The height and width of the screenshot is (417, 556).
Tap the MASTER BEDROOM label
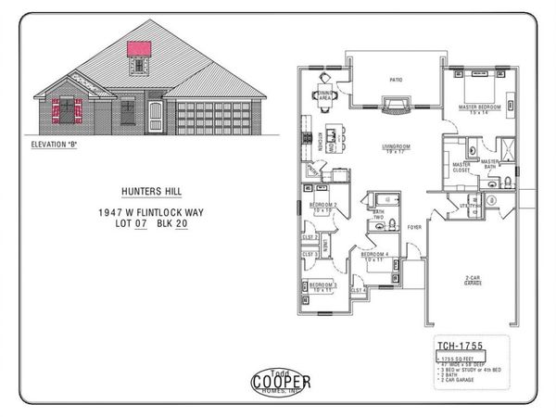point(479,108)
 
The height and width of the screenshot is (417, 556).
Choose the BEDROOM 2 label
point(322,207)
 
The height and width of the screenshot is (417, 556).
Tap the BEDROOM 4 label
point(373,256)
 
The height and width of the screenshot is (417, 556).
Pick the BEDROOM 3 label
point(322,286)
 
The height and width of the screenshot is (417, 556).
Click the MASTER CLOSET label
point(461,167)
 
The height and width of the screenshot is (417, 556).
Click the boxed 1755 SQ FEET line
point(461,358)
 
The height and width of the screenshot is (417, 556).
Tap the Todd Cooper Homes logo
point(281,380)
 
